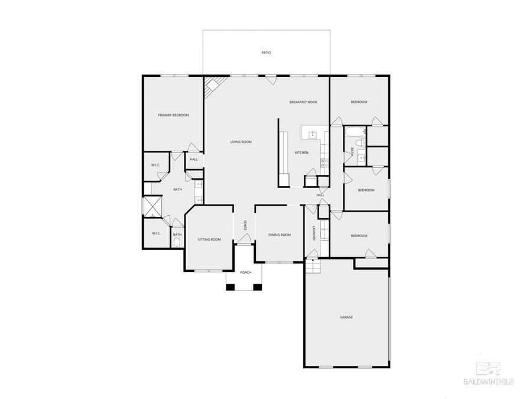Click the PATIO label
coord(266,53)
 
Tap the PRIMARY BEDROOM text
coord(173,115)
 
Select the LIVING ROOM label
coord(241,142)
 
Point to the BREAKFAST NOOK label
coord(303,102)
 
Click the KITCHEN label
coord(301,153)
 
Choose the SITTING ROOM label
coord(209,239)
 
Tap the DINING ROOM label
coord(280,235)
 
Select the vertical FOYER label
coord(245,225)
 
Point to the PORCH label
coord(245,273)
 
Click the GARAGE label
coord(346,317)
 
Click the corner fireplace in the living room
coord(211,87)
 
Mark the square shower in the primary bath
coord(153,206)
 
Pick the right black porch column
coord(258,287)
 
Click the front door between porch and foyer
coord(245,240)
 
